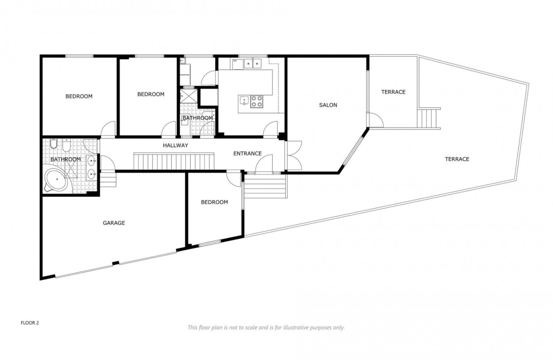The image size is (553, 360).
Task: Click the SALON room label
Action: (328, 105)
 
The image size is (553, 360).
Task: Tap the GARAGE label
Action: (114, 223)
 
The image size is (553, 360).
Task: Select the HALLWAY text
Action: (175, 146)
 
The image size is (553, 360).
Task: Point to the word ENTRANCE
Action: (247, 153)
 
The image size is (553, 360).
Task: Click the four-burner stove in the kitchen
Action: (257, 101)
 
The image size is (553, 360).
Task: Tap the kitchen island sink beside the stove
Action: (244, 101)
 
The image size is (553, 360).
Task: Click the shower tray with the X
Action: (189, 96)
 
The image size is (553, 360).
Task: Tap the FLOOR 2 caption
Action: (30, 323)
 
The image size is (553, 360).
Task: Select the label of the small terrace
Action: (393, 92)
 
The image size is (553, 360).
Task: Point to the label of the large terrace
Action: (457, 159)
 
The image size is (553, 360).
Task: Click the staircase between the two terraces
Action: (429, 118)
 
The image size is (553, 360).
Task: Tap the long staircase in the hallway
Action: (174, 162)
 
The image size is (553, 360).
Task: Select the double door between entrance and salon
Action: (292, 155)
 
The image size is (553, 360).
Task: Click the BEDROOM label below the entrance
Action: (214, 202)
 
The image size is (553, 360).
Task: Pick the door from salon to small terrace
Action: (372, 120)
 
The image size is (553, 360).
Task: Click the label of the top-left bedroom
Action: (79, 96)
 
